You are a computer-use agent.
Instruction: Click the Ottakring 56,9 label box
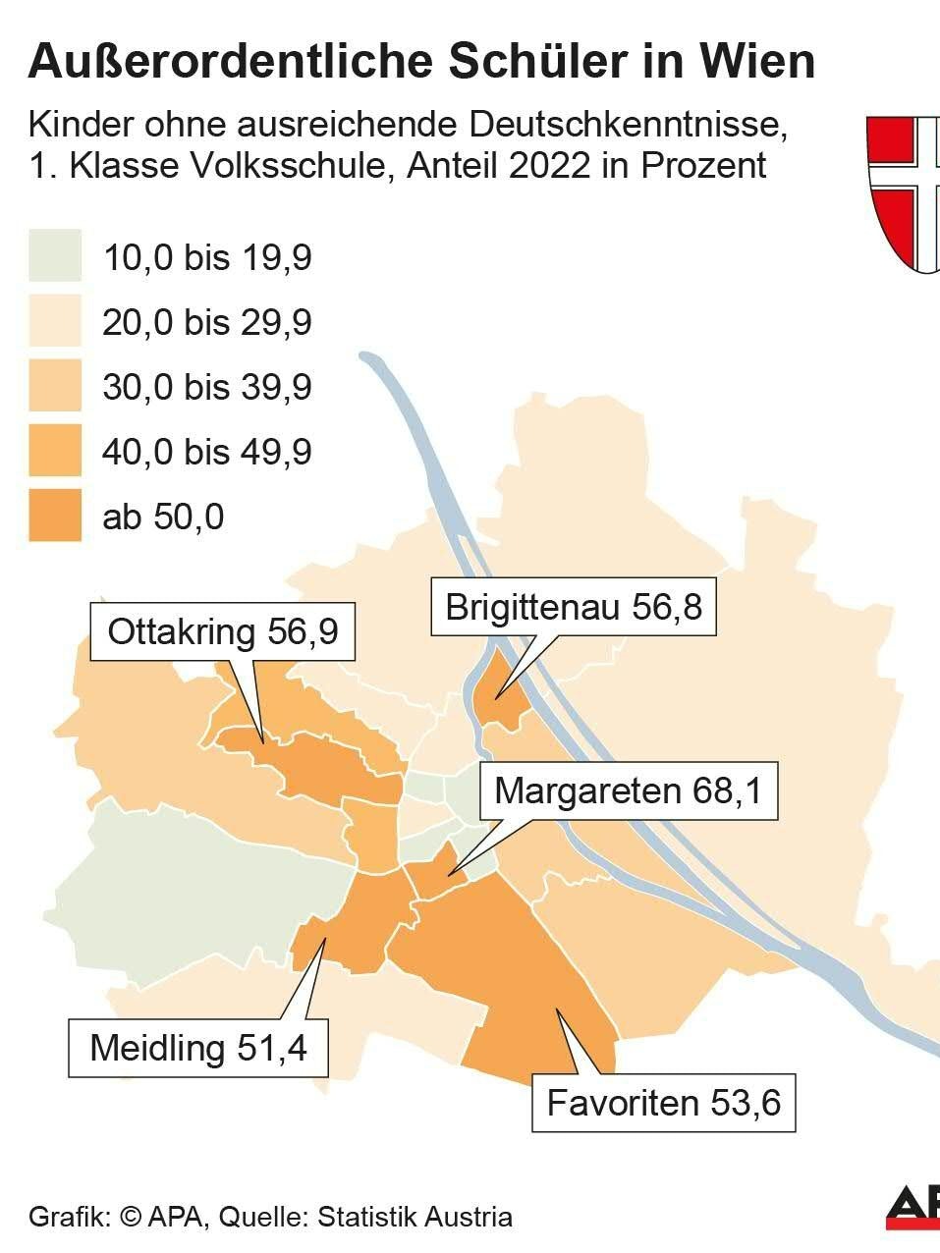pos(223,631)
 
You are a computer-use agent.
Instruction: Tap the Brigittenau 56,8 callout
pos(574,607)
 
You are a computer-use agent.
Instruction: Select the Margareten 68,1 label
pos(628,790)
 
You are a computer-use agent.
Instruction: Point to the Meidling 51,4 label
pos(198,1048)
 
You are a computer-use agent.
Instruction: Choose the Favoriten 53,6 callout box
pos(663,1103)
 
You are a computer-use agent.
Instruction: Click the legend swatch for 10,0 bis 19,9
pos(54,257)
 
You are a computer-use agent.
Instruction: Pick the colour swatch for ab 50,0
pos(54,516)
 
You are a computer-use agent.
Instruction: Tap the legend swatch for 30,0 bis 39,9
pos(54,387)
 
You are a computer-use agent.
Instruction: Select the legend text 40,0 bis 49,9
pos(207,452)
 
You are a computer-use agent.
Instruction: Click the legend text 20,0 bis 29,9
pos(207,322)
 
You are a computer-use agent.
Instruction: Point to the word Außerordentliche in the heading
pos(228,62)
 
